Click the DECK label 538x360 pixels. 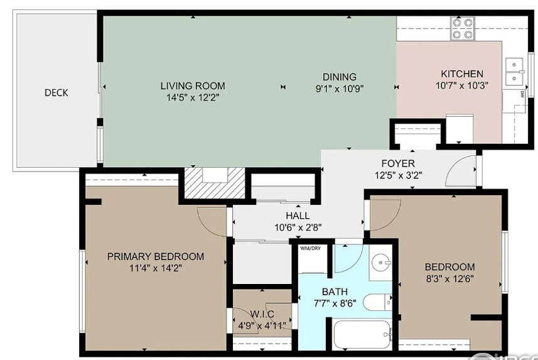56,93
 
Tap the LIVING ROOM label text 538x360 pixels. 192,86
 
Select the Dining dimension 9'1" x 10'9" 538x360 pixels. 340,89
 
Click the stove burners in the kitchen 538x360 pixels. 463,28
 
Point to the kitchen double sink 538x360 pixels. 515,71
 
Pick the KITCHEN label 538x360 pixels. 461,74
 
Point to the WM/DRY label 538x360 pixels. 309,249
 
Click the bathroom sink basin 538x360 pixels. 380,262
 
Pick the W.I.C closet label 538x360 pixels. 262,314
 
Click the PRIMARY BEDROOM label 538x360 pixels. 156,256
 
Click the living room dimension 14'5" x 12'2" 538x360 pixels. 192,97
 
